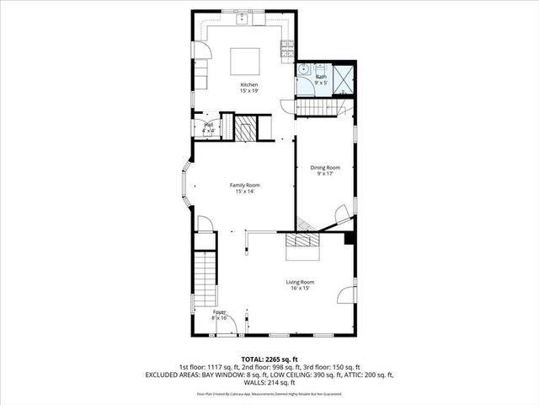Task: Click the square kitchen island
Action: [x=246, y=61]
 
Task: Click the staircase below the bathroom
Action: [x=319, y=107]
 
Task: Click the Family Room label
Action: [x=245, y=187]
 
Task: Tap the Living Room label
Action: [x=300, y=284]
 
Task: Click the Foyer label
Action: [x=219, y=314]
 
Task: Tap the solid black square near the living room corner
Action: [x=349, y=238]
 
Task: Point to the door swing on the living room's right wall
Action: [x=345, y=295]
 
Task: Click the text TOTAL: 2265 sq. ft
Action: [x=269, y=359]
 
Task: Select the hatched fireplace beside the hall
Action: [x=245, y=128]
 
